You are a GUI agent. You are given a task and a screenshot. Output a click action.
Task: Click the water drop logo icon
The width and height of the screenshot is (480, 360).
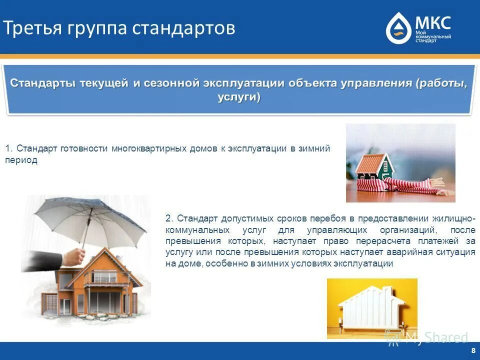(398, 29)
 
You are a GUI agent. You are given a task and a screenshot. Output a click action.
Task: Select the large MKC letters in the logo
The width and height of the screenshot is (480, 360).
(432, 22)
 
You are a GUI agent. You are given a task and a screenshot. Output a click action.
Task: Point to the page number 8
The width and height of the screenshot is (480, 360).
(473, 350)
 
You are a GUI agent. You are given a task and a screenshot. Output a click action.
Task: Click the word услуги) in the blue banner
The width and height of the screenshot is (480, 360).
(239, 97)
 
